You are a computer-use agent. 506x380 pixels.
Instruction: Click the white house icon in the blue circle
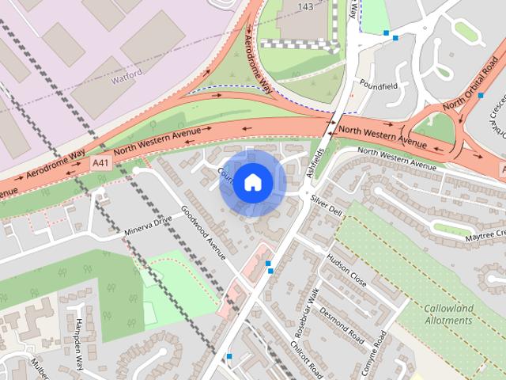251,182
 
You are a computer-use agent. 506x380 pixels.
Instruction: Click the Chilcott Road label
306,359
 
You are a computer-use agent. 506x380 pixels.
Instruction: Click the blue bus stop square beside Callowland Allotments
480,295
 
